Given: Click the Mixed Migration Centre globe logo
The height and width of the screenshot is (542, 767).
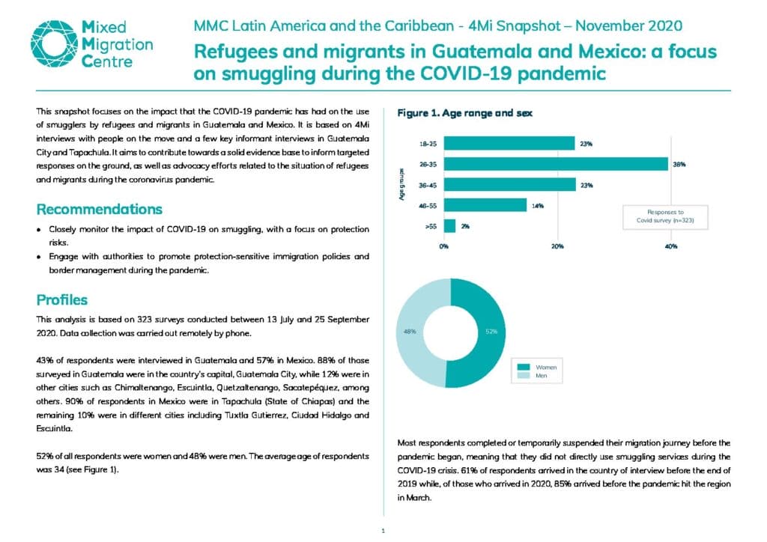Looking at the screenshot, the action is (x=54, y=43).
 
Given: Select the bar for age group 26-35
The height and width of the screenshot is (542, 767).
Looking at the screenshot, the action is (x=556, y=164).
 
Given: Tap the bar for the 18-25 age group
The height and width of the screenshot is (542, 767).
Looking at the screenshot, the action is (x=509, y=143).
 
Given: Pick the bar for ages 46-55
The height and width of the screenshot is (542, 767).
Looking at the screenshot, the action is (x=485, y=205).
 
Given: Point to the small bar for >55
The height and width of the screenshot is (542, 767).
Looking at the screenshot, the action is (x=449, y=226).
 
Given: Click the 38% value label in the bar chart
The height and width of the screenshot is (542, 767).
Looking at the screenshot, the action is (x=679, y=165).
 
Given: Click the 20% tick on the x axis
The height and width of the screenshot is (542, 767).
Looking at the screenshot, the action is (x=557, y=246).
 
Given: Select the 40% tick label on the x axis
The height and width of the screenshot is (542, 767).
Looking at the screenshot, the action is (x=671, y=246).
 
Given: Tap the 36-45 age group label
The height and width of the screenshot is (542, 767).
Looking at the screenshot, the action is (x=428, y=185).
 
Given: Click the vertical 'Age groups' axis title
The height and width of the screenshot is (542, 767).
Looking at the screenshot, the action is (x=401, y=184).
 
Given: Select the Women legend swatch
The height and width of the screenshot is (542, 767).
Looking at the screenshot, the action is (x=524, y=367).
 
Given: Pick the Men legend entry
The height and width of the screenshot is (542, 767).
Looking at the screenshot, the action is (x=533, y=375).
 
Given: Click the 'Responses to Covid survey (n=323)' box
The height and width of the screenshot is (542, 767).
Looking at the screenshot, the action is (x=665, y=216).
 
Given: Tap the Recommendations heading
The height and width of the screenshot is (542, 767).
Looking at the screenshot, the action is (x=100, y=209).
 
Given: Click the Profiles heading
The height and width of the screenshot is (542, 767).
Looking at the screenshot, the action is (x=62, y=300).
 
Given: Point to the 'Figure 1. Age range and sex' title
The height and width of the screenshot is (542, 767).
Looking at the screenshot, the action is (x=464, y=113).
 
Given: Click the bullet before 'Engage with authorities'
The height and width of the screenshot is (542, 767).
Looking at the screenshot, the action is (x=39, y=257).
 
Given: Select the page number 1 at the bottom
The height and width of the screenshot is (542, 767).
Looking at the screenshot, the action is (x=383, y=531).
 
